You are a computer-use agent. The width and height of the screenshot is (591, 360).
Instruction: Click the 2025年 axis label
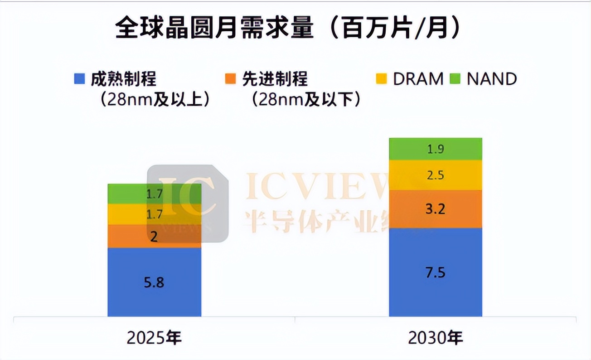point(154,338)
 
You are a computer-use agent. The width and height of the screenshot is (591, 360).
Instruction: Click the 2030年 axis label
point(436,338)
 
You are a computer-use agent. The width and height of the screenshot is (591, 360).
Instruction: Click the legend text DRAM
point(418,79)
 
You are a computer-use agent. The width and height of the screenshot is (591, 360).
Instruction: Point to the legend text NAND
point(492,79)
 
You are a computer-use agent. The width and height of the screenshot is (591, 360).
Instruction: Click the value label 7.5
point(436,272)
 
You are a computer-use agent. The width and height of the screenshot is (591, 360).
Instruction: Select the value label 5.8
point(154,282)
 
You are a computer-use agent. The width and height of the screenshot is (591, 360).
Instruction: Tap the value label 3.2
point(436,209)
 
